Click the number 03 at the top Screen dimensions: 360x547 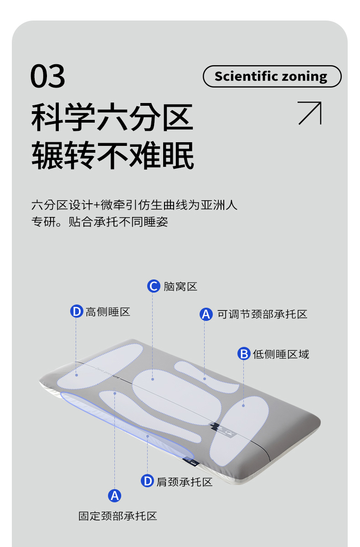[x=48, y=76]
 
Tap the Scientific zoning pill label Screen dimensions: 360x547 [x=272, y=76]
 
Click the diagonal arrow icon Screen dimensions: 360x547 [x=310, y=114]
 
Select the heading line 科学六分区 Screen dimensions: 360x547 [x=112, y=117]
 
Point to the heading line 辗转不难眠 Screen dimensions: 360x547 [x=113, y=155]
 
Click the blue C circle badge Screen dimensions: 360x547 [x=154, y=286]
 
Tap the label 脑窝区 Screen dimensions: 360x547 [x=180, y=286]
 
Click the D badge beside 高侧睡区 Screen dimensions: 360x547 [x=77, y=311]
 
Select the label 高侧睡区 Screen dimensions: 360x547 [x=108, y=312]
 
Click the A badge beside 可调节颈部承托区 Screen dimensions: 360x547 [x=206, y=314]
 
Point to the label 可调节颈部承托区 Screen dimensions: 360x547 [x=262, y=314]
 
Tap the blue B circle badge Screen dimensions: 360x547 [x=244, y=354]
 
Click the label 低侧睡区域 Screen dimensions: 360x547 [x=281, y=354]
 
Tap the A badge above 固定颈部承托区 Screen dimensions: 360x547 [x=114, y=496]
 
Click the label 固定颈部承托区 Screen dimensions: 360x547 [x=118, y=516]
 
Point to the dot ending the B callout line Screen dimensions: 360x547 [x=243, y=406]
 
